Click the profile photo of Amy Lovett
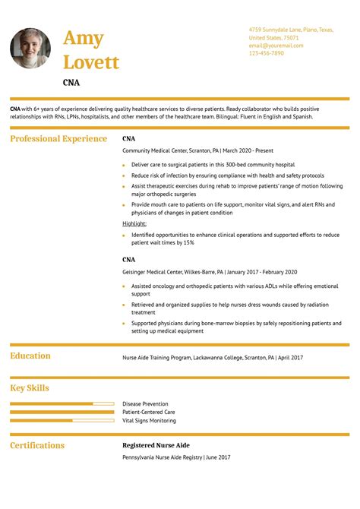pos(31,49)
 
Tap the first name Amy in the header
pos(84,38)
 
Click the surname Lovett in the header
pos(91,62)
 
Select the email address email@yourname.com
pos(276,46)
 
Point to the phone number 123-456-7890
pos(266,53)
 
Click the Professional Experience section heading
pos(58,139)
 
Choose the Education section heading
pos(30,356)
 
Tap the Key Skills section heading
pos(30,388)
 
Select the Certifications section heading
pos(37,445)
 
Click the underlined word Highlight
pos(134,224)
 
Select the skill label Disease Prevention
pos(145,404)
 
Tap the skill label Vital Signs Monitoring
pos(149,420)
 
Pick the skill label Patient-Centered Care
pos(148,412)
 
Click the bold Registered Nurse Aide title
pos(156,445)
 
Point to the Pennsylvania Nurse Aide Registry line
pos(176,457)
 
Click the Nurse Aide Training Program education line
pos(213,357)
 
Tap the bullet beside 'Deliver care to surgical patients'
pos(124,165)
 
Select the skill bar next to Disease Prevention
pos(62,403)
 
